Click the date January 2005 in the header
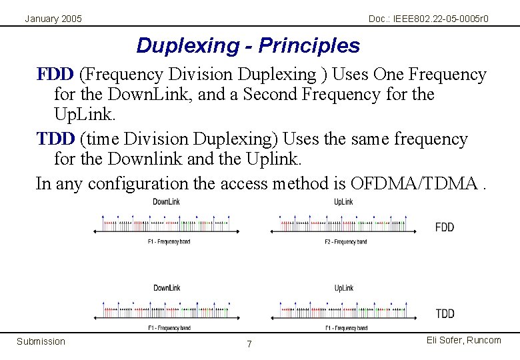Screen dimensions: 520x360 [53, 19]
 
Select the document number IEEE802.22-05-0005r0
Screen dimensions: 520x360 [428, 19]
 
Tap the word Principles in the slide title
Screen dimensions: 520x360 [309, 46]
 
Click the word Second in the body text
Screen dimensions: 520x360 [271, 95]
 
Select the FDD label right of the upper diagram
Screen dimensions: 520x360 [445, 227]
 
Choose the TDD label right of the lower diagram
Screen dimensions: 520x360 [445, 313]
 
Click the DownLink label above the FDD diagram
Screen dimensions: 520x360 [167, 201]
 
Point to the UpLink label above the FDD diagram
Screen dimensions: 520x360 [343, 201]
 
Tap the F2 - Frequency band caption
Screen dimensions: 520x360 [346, 241]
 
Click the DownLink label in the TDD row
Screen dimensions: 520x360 [167, 288]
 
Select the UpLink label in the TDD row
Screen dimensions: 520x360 [343, 288]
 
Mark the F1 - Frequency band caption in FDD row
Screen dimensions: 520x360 [169, 241]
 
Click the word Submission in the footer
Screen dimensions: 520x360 [41, 341]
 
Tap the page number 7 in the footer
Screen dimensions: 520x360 [249, 344]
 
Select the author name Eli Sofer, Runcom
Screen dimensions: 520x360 [464, 340]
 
